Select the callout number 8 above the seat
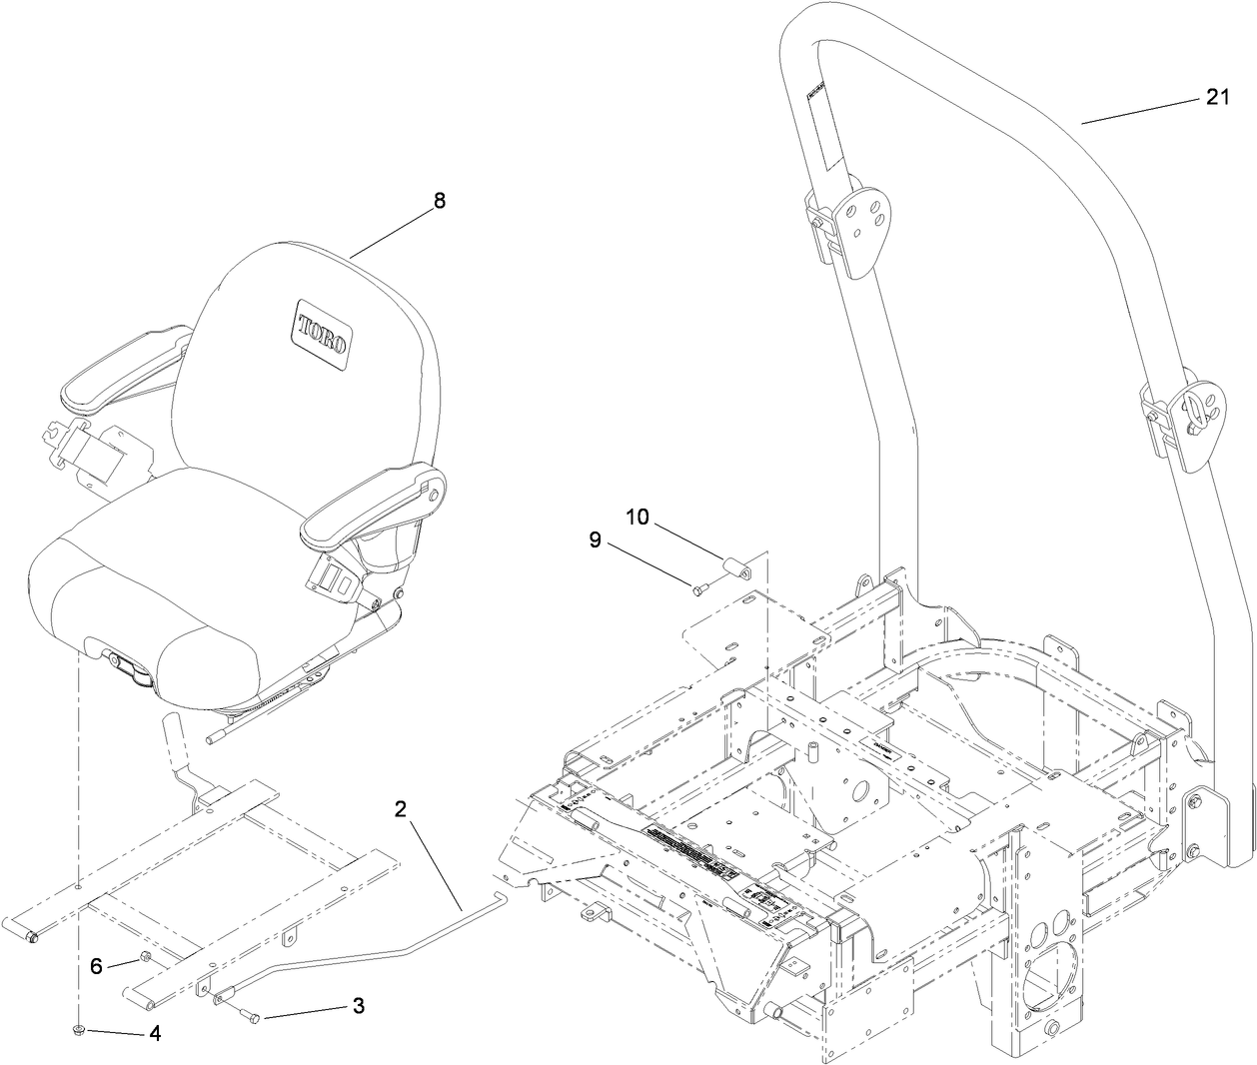440,200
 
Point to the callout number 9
595,539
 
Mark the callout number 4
155,1034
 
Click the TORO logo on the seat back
321,329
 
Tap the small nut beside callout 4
79,1031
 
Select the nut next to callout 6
144,959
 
